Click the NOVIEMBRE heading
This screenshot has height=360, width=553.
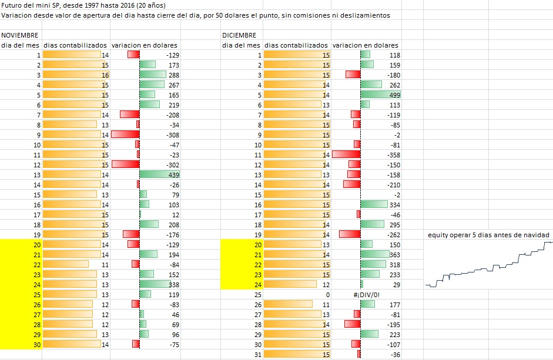19,35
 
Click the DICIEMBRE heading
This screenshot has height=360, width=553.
239,35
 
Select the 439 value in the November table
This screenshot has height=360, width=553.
173,175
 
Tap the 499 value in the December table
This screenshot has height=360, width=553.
393,95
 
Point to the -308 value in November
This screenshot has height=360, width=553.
170,134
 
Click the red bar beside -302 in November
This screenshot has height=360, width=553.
125,165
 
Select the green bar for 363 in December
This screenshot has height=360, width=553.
375,254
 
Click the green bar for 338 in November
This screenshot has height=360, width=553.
155,284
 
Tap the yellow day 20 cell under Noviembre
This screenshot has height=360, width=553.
21,244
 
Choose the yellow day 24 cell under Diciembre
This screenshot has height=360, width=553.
241,284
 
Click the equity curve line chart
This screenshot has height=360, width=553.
488,264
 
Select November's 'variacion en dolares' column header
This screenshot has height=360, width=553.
145,45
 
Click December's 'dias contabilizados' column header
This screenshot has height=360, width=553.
296,45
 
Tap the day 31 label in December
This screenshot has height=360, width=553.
257,354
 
